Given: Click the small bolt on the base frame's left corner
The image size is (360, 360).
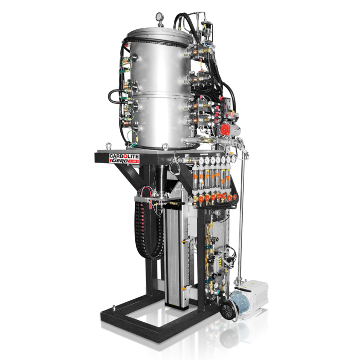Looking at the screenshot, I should point(113,310).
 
